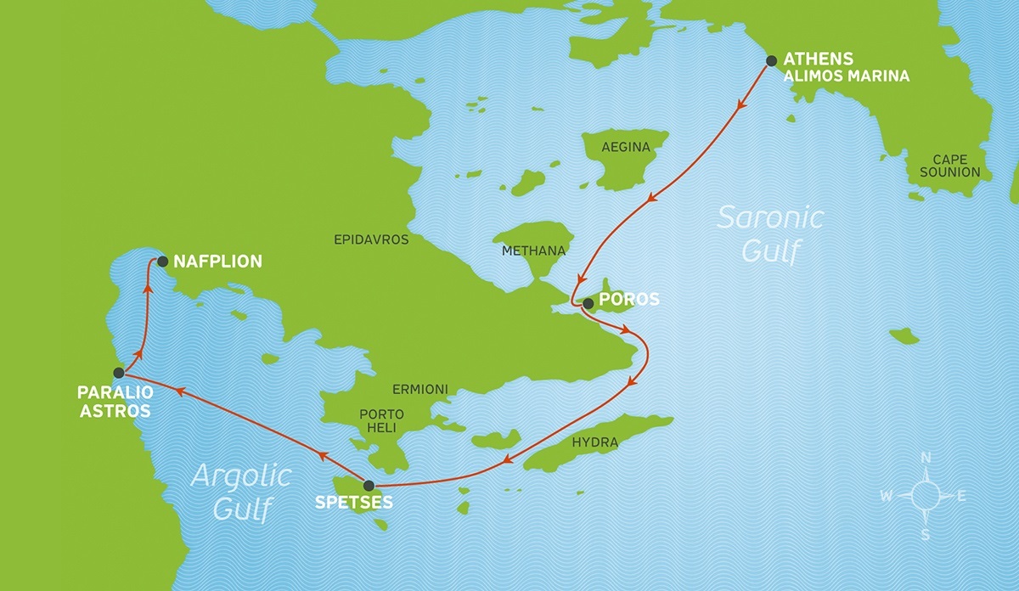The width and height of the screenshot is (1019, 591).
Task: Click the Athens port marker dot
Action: pos(771,61)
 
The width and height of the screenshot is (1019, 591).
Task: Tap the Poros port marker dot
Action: pos(588,302)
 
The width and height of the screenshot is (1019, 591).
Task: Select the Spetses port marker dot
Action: pos(368,486)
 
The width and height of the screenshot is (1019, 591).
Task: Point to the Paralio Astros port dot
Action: pos(120,373)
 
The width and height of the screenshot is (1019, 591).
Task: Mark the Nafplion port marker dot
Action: pos(161,262)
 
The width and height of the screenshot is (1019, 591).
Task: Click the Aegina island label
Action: pos(625,148)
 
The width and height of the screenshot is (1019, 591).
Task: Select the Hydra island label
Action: pos(595,443)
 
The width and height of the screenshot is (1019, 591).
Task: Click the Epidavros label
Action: pos(371,240)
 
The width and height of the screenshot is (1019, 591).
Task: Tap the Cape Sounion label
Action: pos(955,166)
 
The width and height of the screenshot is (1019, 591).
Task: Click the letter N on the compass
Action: pos(926,459)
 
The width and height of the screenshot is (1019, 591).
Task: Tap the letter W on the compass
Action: pos(886,497)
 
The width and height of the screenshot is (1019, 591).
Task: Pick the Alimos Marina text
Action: pos(846,76)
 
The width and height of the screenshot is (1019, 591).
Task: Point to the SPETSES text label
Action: pos(354,503)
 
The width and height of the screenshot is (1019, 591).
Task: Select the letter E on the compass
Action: pos(961,497)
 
